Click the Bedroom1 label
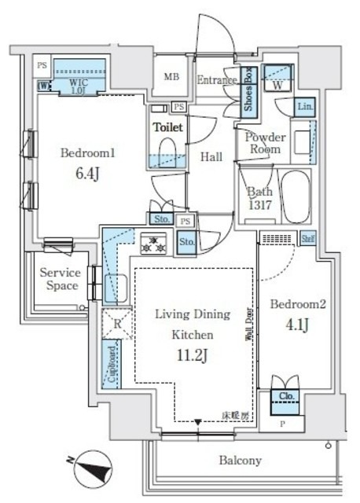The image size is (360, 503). click(88, 154)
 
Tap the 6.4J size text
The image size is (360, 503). click(87, 174)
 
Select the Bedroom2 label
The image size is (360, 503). click(297, 303)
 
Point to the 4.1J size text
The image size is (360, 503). click(296, 322)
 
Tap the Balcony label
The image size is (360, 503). click(240, 461)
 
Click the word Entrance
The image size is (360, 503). click(217, 79)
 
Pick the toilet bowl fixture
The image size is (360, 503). click(167, 149)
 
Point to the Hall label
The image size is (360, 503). click(211, 156)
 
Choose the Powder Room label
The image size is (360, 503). click(264, 142)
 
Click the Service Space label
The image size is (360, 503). click(60, 279)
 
